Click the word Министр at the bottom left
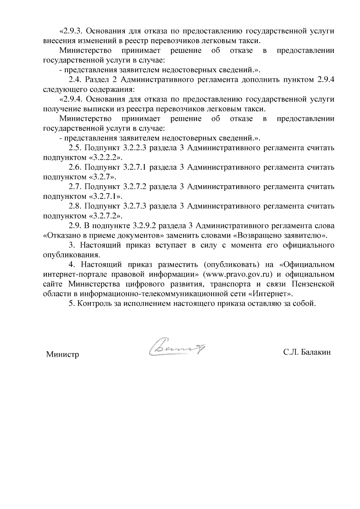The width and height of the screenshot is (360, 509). (x=62, y=355)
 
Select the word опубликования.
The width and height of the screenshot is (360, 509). (x=71, y=255)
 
